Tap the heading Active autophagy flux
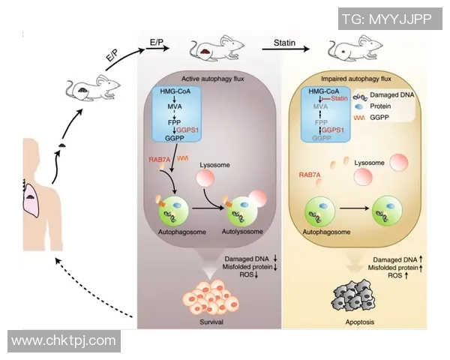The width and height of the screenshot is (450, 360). point(208,77)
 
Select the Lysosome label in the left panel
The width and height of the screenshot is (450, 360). point(214,163)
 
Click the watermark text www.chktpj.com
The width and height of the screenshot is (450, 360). point(64,341)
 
